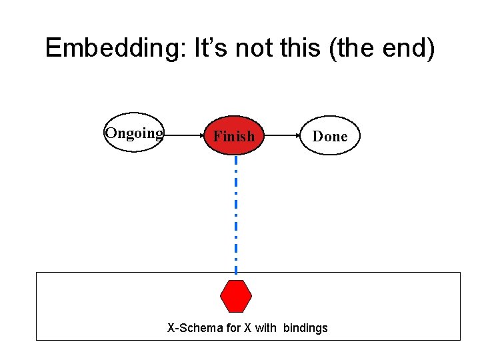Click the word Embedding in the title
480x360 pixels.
click(x=113, y=49)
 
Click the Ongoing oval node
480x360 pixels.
click(x=134, y=133)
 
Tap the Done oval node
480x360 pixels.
click(x=330, y=136)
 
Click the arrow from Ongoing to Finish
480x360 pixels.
click(x=184, y=135)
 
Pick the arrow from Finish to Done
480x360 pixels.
click(x=284, y=135)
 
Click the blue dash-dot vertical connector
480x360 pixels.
click(x=235, y=213)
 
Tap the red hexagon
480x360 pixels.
click(x=236, y=296)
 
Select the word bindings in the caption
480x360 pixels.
click(x=305, y=328)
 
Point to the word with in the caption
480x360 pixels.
click(x=266, y=328)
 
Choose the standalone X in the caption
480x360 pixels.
click(x=249, y=328)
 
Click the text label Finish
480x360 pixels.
click(x=233, y=137)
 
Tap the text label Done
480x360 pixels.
click(x=330, y=137)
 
